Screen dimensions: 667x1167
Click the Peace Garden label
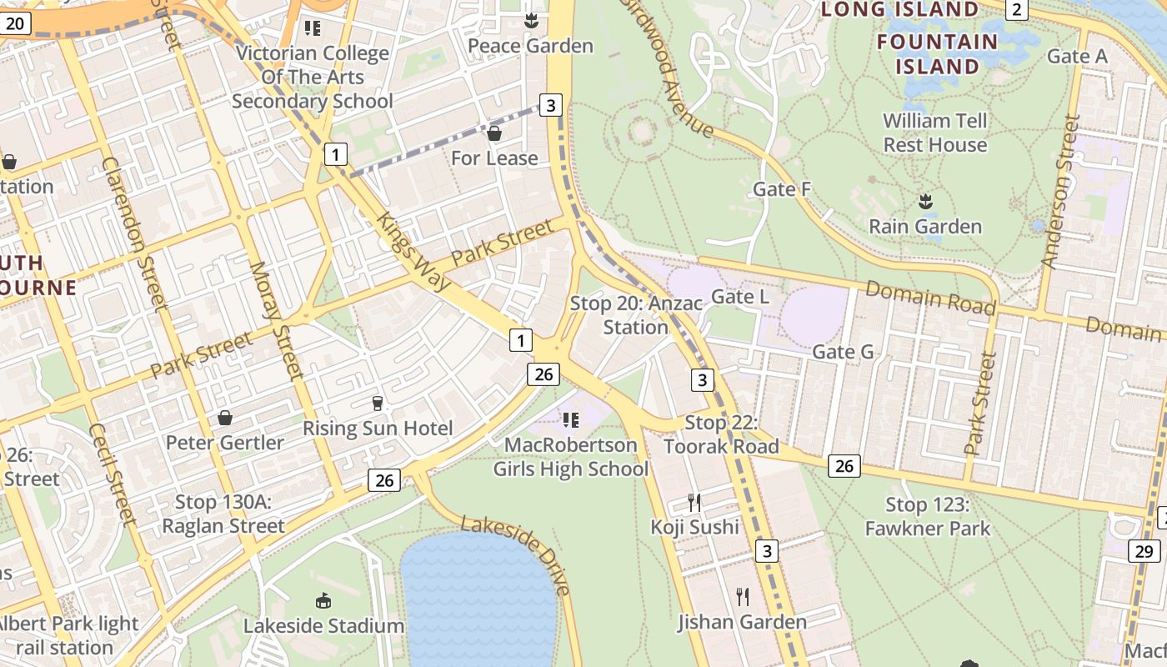pos(530,45)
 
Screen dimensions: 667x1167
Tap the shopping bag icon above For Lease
pos(494,133)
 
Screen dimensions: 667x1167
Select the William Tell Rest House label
pos(934,133)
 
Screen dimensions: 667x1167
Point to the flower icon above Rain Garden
pos(924,201)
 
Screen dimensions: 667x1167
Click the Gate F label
pos(781,189)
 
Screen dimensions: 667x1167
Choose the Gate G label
pos(843,352)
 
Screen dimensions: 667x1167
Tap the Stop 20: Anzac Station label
pos(636,315)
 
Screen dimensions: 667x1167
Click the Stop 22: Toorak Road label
pos(721,434)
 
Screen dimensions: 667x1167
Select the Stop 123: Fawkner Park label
pos(927,516)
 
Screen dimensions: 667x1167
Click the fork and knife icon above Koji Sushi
pos(694,502)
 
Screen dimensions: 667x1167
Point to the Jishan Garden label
pos(742,622)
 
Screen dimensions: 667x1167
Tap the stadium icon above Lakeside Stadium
pos(323,600)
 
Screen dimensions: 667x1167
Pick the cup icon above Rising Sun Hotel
pos(378,404)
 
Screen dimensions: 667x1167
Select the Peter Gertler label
pos(225,442)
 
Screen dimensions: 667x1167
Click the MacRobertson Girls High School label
pos(571,457)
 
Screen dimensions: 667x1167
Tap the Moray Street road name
pos(276,321)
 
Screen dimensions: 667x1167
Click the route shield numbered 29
pos(1144,551)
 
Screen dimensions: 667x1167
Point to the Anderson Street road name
pos(1060,192)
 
